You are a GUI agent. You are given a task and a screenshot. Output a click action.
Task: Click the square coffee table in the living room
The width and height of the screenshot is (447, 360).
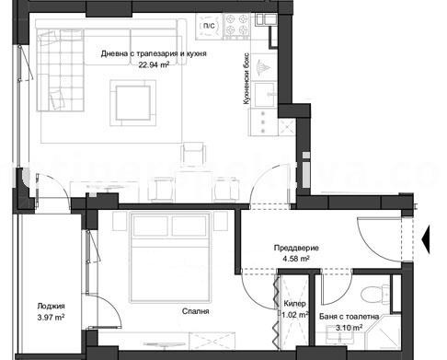136,99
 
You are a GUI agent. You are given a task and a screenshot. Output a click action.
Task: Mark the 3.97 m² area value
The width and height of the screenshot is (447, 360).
52,319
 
